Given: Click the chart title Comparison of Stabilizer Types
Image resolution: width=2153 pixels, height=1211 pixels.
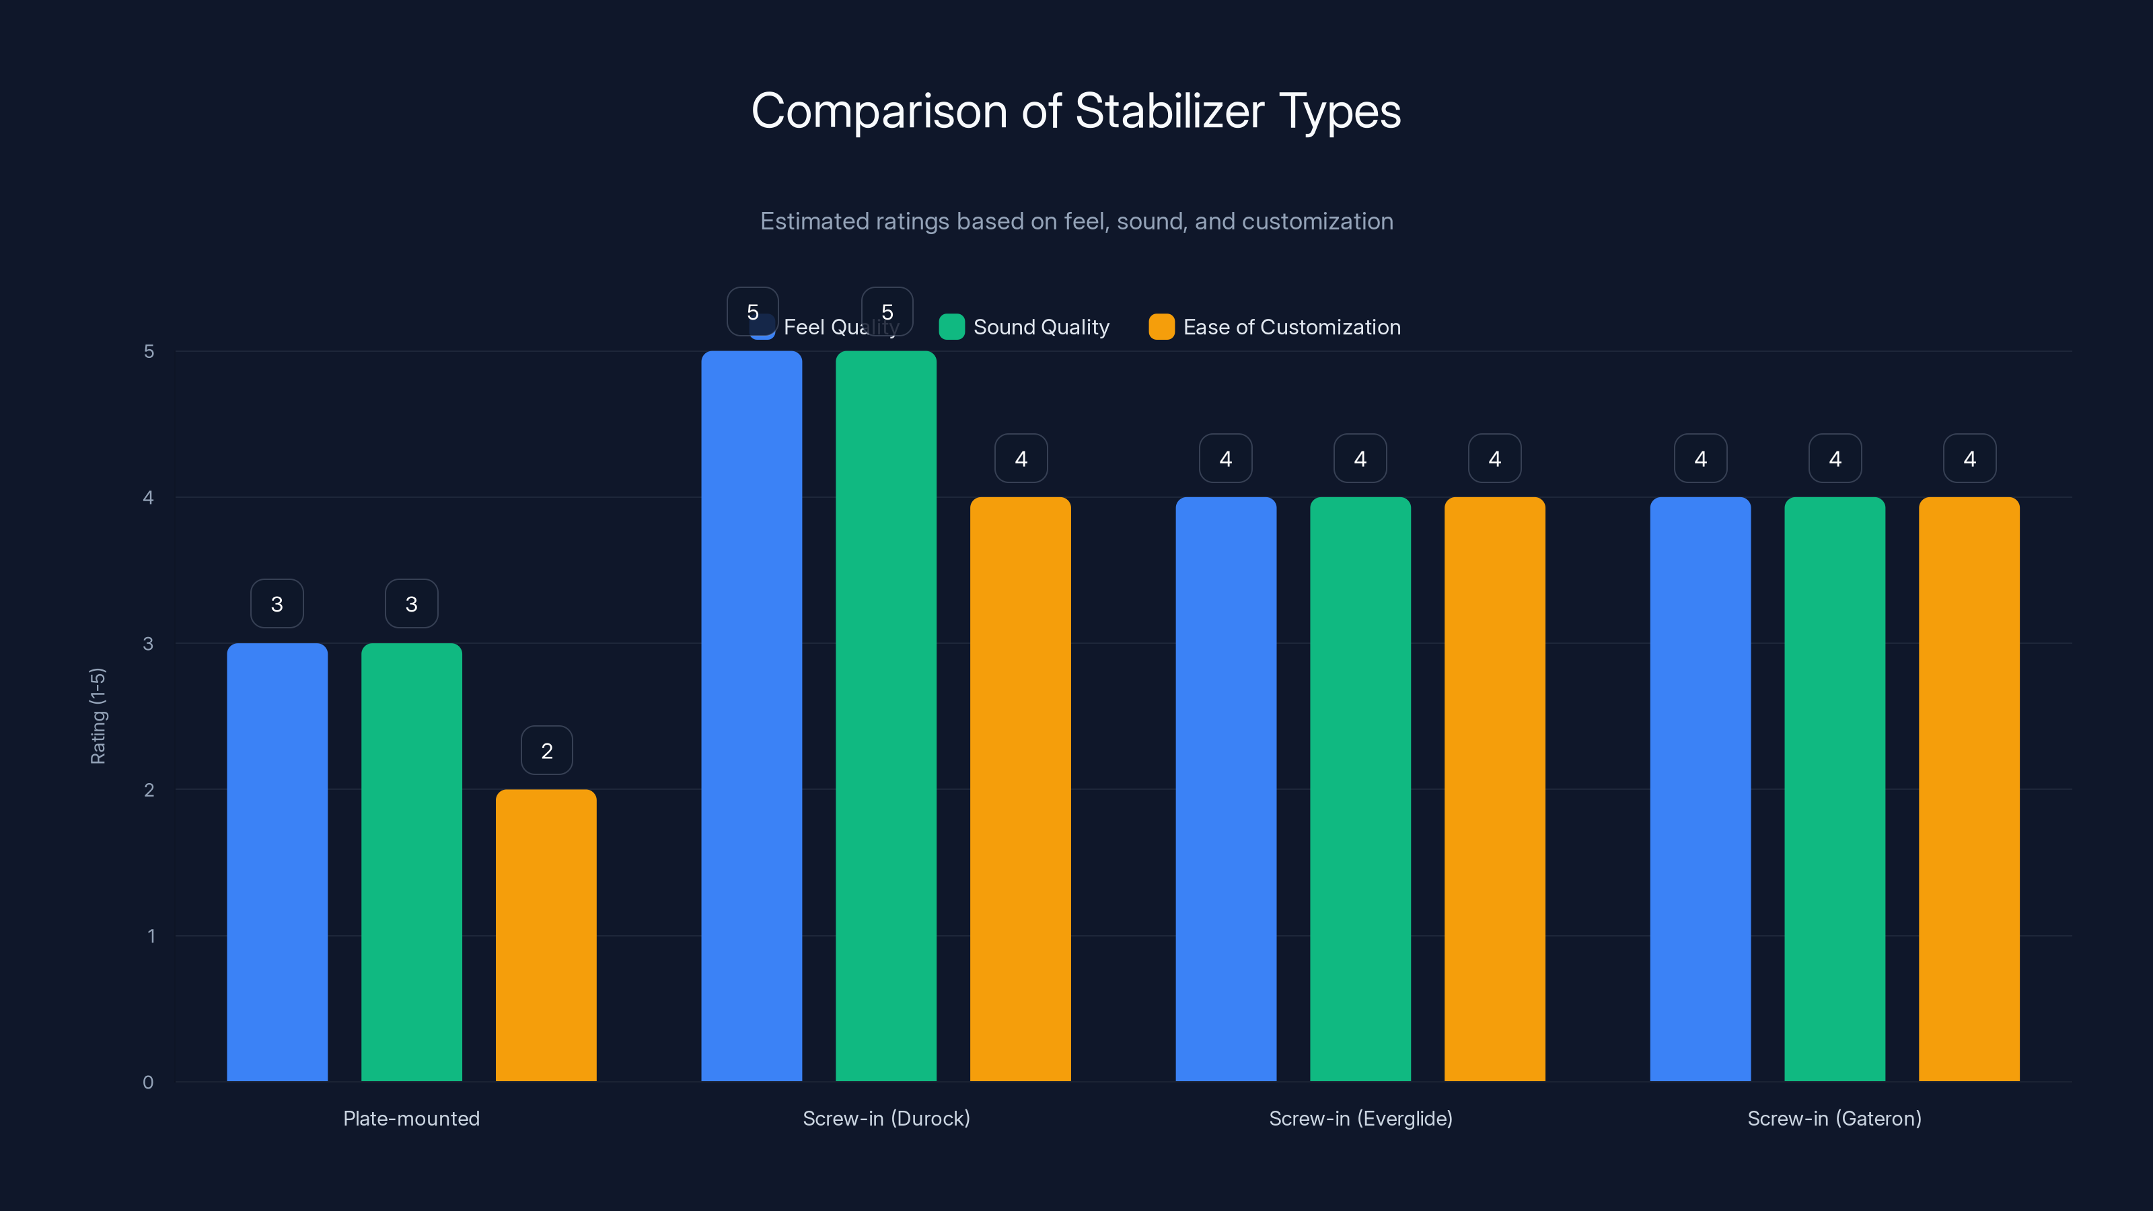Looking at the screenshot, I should click(1076, 111).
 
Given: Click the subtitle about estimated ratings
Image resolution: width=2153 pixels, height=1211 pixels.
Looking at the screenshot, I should click(1076, 221).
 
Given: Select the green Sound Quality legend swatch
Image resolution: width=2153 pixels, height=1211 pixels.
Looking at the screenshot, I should click(951, 327).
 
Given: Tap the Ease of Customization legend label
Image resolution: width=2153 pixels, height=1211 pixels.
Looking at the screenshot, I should click(1291, 327).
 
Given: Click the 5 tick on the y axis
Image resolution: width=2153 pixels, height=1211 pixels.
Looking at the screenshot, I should click(149, 352).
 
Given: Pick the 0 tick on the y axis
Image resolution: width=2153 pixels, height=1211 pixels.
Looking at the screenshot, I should click(148, 1082).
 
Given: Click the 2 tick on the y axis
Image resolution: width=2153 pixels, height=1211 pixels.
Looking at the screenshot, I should click(149, 790).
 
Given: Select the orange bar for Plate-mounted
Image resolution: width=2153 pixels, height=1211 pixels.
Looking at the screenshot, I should click(546, 936).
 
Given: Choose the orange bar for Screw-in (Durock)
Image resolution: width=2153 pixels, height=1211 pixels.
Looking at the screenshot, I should click(1020, 790).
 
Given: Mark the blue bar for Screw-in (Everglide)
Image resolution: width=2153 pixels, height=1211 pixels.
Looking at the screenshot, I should click(1225, 790).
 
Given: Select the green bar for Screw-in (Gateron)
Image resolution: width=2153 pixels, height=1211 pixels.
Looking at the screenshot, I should click(1835, 790).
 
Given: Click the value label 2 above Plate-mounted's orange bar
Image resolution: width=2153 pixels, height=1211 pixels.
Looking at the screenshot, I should click(546, 751).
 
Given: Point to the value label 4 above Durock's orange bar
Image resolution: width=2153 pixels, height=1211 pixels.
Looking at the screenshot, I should click(1021, 458).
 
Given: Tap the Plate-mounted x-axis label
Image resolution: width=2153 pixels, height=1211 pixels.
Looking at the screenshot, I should click(411, 1118).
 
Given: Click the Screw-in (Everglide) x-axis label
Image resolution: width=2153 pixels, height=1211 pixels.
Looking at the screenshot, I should click(1360, 1118).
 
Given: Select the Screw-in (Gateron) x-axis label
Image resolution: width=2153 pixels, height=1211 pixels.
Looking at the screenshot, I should click(1833, 1118).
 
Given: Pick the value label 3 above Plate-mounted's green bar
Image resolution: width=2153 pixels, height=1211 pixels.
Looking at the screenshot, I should click(411, 603).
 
